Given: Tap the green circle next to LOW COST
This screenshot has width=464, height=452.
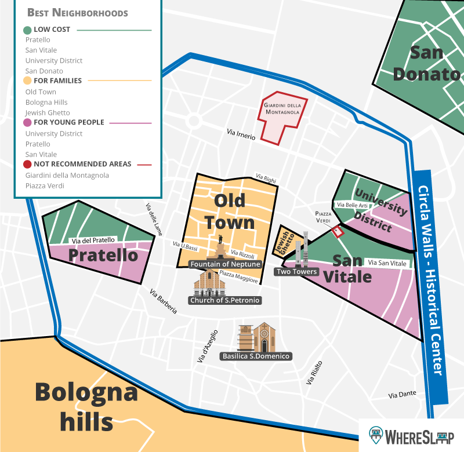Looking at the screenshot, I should (x=27, y=30).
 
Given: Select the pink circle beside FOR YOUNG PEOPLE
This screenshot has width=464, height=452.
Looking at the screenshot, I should (x=27, y=123).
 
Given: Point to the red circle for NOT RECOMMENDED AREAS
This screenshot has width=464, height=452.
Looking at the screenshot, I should (x=27, y=165).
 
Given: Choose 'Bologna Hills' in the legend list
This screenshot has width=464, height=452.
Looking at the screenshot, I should (x=46, y=102).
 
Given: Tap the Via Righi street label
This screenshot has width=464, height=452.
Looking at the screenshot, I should (x=266, y=179).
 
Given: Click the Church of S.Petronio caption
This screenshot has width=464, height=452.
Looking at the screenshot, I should (x=224, y=300).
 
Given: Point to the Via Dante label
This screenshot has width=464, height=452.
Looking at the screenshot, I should (x=403, y=395).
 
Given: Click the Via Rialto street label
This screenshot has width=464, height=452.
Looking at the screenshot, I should (x=313, y=373).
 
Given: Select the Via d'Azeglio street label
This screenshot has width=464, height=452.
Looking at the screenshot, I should (x=208, y=347).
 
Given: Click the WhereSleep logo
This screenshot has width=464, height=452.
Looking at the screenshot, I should (x=412, y=435).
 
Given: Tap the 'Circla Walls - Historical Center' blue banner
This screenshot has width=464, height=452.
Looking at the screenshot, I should (x=432, y=280).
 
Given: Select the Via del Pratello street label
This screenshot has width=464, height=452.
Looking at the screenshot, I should (x=92, y=240).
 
